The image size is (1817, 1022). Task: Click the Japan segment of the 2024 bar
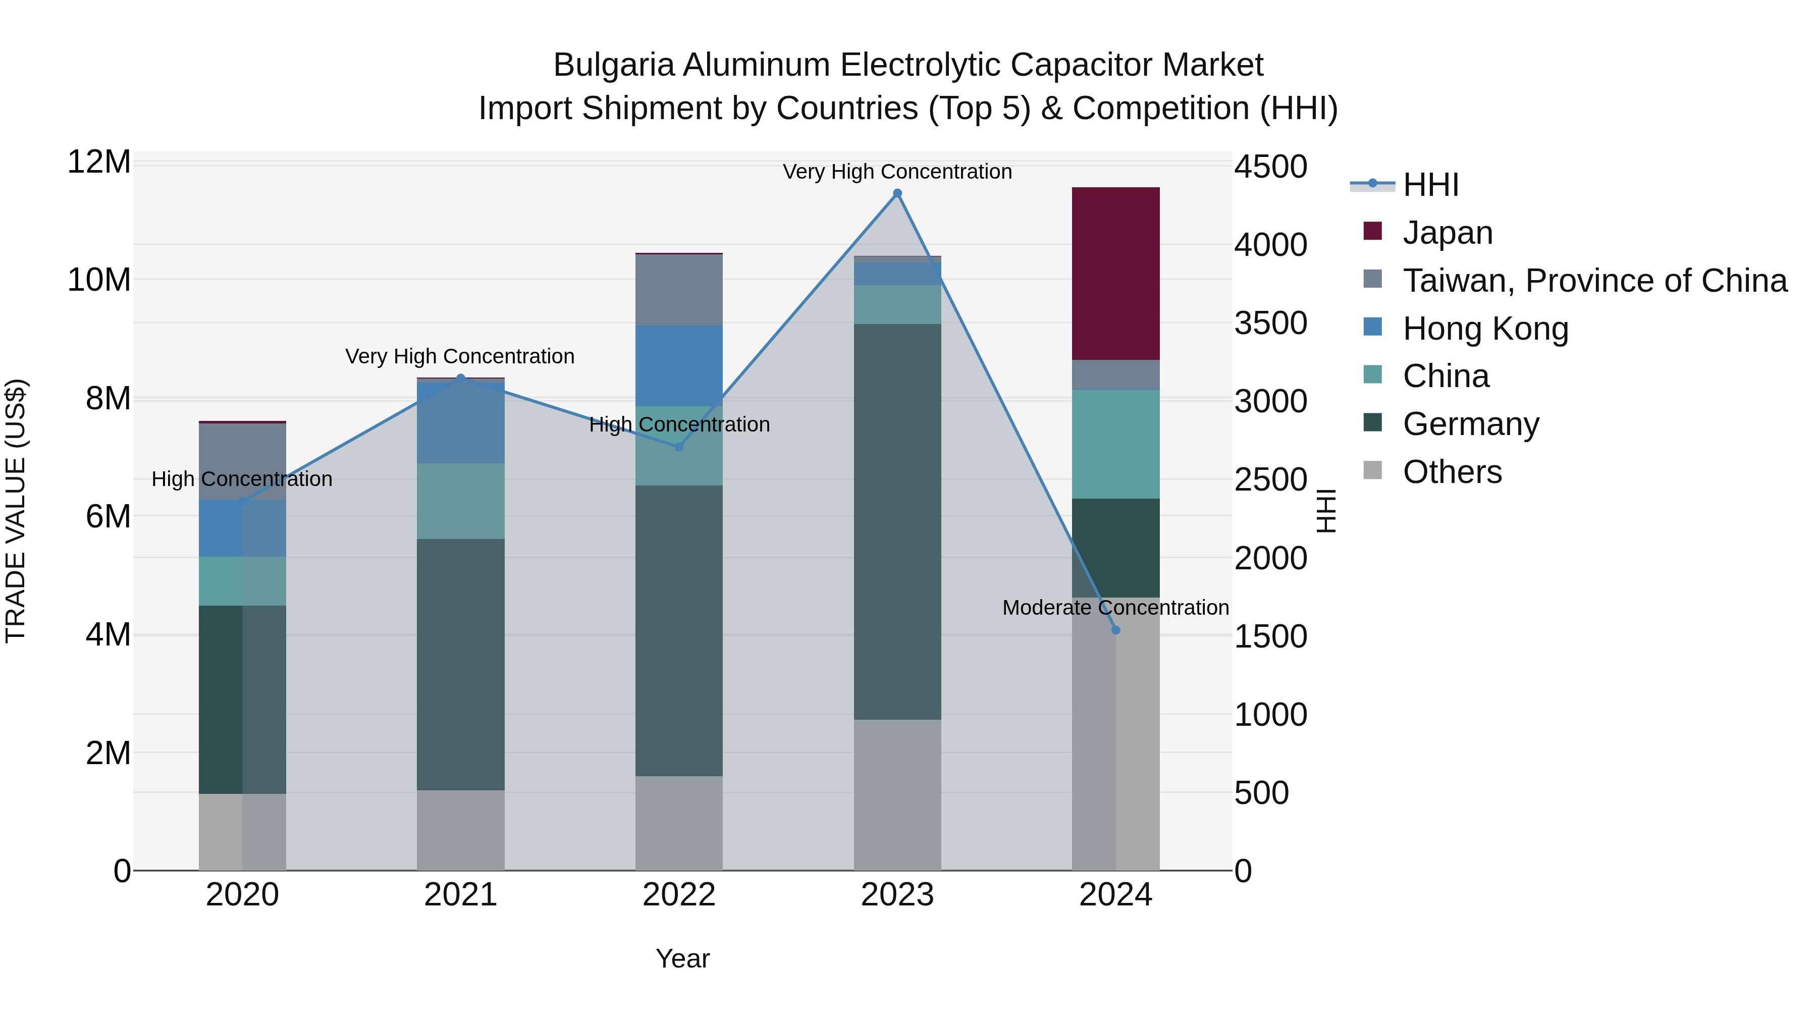pyautogui.click(x=1115, y=274)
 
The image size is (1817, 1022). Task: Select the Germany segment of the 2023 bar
pyautogui.click(x=897, y=522)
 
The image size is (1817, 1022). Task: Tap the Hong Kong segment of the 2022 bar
pyautogui.click(x=678, y=365)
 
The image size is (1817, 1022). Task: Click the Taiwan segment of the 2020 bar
pyautogui.click(x=242, y=461)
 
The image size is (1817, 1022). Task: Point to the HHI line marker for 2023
pyautogui.click(x=897, y=193)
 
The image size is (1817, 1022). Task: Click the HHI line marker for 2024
pyautogui.click(x=1115, y=630)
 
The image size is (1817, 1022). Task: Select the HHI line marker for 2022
pyautogui.click(x=678, y=447)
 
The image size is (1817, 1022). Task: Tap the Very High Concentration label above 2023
pyautogui.click(x=897, y=172)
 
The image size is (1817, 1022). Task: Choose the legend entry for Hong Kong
pyautogui.click(x=1485, y=329)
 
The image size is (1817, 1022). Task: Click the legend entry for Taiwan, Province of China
pyautogui.click(x=1594, y=281)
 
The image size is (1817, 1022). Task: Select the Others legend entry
pyautogui.click(x=1452, y=472)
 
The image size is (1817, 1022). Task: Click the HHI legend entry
pyautogui.click(x=1430, y=185)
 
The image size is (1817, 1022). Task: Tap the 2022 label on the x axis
pyautogui.click(x=678, y=895)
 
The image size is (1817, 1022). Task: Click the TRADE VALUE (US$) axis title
pyautogui.click(x=16, y=511)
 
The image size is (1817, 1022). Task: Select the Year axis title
pyautogui.click(x=682, y=958)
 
